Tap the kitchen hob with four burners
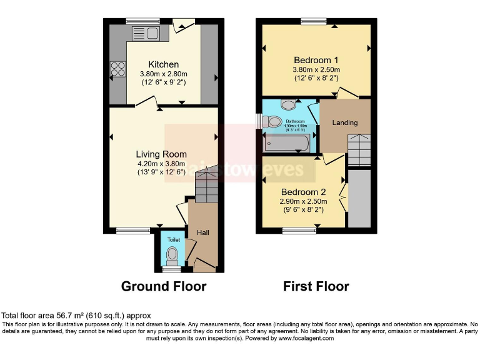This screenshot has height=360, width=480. (x=117, y=68)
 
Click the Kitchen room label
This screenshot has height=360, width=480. (x=163, y=64)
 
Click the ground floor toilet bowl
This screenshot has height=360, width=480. (x=171, y=255)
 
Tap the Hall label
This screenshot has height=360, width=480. (x=204, y=232)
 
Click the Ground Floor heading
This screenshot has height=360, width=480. (x=163, y=286)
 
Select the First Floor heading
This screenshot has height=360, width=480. (x=316, y=286)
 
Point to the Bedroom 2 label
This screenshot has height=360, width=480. (x=302, y=191)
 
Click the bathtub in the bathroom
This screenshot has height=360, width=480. (x=286, y=144)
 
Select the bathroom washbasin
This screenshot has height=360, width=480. (x=289, y=105)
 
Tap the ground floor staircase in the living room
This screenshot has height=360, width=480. (x=206, y=185)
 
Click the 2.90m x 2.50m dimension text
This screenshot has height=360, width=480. (x=302, y=202)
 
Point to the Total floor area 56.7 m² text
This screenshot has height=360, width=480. (x=76, y=316)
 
